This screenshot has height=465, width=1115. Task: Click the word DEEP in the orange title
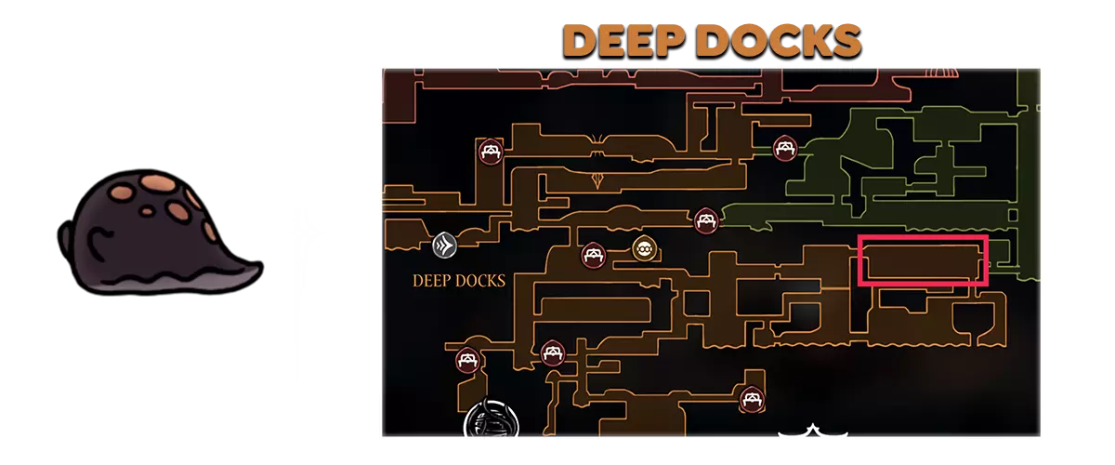point(624,41)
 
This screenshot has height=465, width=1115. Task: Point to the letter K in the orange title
point(812,41)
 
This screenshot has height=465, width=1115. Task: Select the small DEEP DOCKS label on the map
point(458,281)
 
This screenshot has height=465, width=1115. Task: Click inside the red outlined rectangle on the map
point(923,260)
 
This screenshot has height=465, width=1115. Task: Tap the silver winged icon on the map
point(444,245)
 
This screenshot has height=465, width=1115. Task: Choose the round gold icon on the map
point(644,247)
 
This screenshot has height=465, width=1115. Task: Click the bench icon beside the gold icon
point(594,255)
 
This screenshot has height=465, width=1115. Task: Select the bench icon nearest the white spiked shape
point(752,399)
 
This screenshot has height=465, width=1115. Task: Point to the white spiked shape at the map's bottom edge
point(812,431)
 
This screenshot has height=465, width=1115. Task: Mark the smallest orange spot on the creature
point(147,211)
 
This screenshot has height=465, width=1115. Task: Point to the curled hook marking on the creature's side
point(99,241)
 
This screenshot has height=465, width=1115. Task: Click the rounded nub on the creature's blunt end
point(65,237)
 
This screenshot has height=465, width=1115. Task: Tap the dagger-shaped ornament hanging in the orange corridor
point(597,179)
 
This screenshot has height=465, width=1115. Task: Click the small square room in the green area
point(1013,216)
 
